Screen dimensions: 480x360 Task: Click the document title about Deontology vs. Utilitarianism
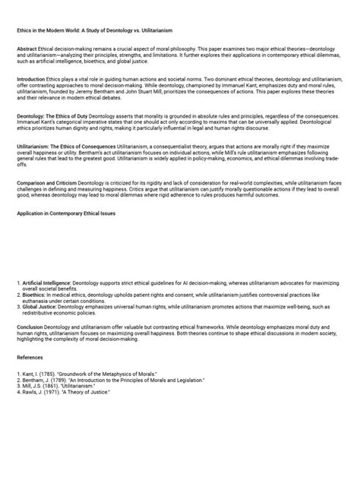point(95,30)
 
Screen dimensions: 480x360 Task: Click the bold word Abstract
point(27,48)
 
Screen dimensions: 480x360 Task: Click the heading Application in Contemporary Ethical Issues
point(66,214)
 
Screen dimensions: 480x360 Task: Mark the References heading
point(30,356)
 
